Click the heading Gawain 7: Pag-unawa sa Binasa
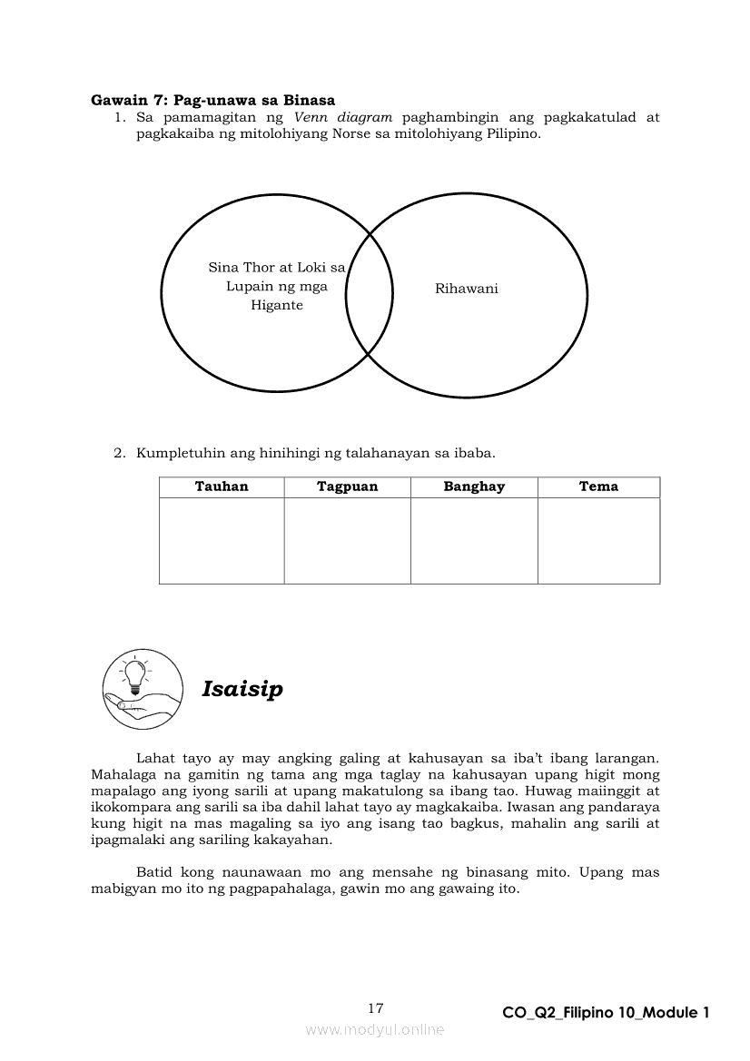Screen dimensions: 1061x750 [x=213, y=100]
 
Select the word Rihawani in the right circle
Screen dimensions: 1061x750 [x=467, y=289]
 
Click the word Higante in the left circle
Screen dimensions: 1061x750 [x=277, y=306]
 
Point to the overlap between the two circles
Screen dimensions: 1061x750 [x=370, y=290]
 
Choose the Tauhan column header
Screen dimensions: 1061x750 [x=222, y=486]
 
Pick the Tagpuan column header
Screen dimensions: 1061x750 [x=347, y=486]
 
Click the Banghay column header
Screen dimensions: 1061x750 [x=474, y=486]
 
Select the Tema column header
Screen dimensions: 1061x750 [x=598, y=486]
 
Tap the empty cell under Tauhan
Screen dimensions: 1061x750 [x=222, y=540]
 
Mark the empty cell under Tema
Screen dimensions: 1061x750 [x=598, y=540]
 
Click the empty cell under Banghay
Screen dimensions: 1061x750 [x=474, y=540]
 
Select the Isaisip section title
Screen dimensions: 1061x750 [x=242, y=689]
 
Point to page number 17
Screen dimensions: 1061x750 [x=376, y=1008]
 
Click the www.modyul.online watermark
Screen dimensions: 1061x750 [x=375, y=1029]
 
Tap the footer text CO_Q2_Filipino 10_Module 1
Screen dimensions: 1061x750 [x=606, y=1013]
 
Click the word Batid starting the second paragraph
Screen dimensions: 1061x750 [x=153, y=872]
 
